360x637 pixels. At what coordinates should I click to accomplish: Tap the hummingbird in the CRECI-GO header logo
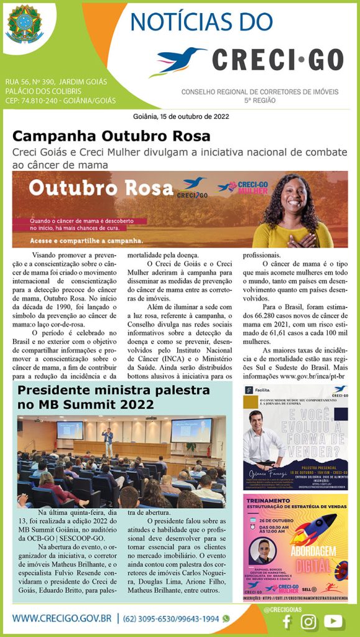[x=180, y=60]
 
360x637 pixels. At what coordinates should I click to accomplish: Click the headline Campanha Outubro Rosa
[x=111, y=136]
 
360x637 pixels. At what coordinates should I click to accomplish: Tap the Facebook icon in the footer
[x=287, y=621]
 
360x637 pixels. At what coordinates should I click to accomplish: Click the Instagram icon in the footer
[x=308, y=621]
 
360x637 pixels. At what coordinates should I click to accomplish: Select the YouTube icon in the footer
[x=333, y=621]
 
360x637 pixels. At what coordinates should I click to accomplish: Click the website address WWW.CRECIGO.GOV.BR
[x=62, y=619]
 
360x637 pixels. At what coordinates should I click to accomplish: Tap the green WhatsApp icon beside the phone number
[x=226, y=619]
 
